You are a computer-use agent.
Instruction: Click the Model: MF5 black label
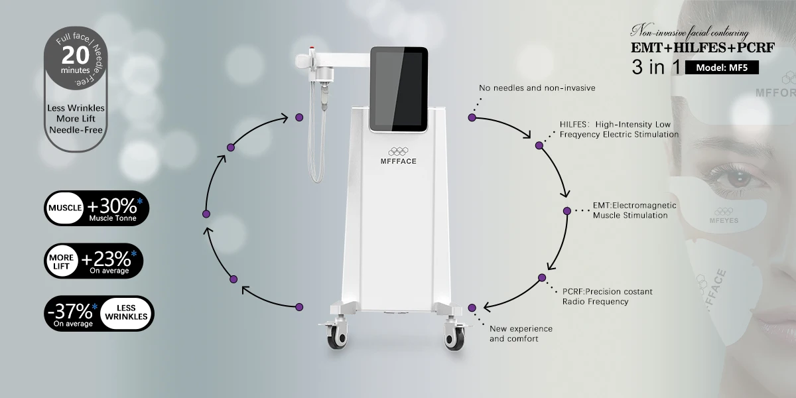[x=723, y=68]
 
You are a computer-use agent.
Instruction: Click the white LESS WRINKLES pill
[x=126, y=313]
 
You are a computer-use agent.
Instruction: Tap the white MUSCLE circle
[x=64, y=208]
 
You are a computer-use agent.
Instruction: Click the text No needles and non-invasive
[x=537, y=88]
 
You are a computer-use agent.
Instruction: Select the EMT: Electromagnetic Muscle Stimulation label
[x=630, y=210]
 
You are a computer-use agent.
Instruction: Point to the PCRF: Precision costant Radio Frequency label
[x=606, y=297]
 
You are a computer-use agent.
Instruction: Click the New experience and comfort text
[x=521, y=334]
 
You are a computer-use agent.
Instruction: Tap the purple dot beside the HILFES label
[x=539, y=144]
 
